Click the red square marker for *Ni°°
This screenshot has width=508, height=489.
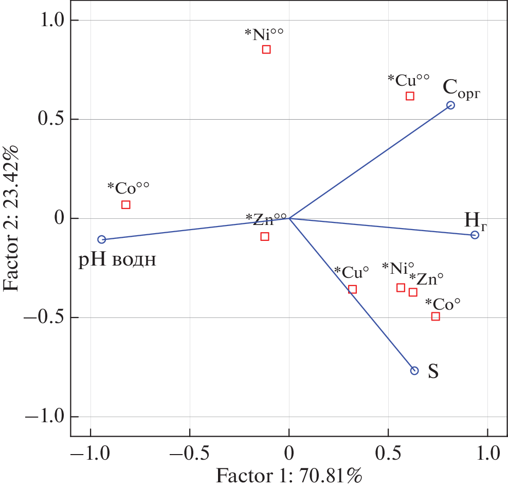click(266, 50)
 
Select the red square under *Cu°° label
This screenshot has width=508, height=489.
click(410, 96)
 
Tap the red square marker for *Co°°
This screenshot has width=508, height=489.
click(126, 205)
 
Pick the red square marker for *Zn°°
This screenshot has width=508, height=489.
click(265, 237)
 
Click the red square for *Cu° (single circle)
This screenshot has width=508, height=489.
click(352, 290)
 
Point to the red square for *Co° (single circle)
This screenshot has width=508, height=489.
click(436, 316)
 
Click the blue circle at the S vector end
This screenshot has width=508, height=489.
click(414, 371)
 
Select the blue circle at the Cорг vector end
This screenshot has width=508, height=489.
click(450, 105)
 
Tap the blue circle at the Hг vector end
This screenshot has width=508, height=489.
click(475, 235)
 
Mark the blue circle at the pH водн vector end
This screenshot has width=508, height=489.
click(102, 239)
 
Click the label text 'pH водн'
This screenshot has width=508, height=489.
click(117, 260)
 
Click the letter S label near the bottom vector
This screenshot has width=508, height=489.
click(433, 372)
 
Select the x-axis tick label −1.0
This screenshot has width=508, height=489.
click(90, 454)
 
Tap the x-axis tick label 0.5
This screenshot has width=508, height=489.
click(388, 454)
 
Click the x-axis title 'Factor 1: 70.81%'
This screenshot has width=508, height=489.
click(289, 476)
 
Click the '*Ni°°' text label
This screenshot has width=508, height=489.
click(264, 34)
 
